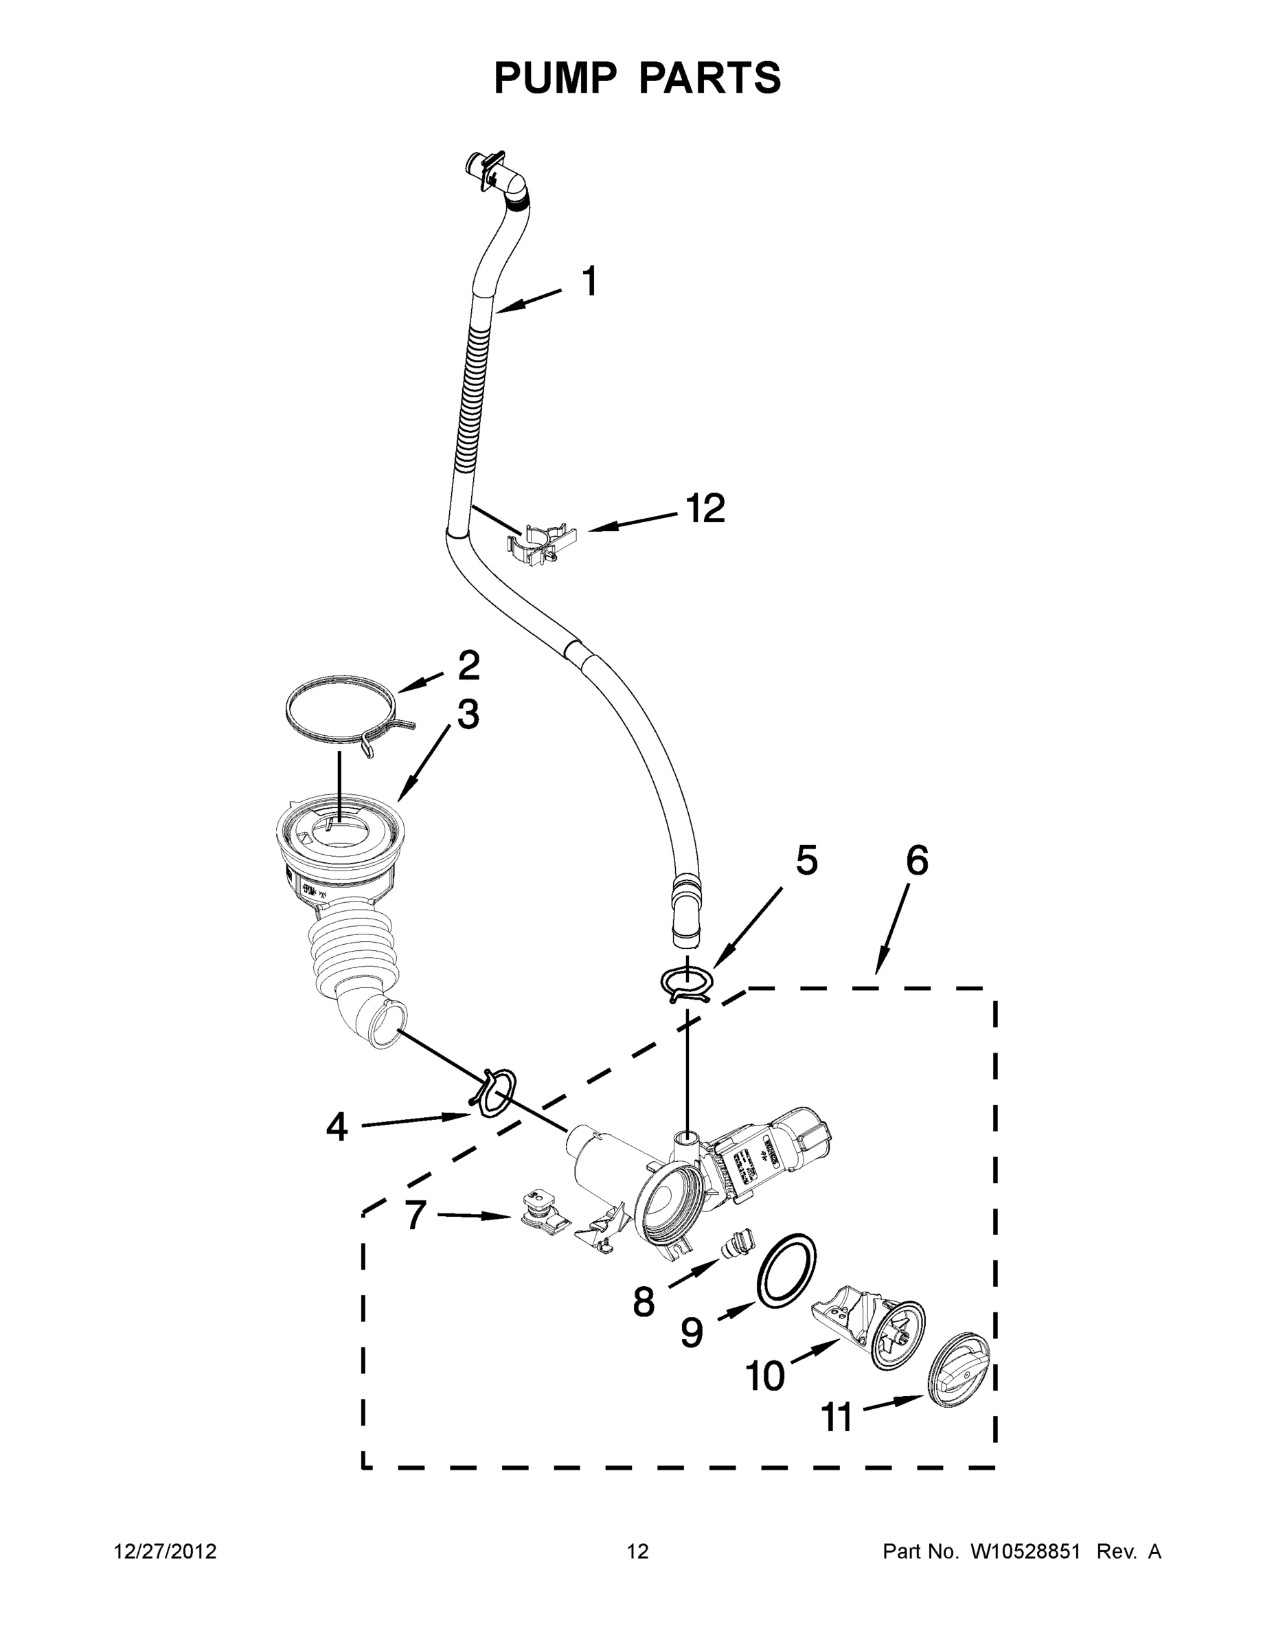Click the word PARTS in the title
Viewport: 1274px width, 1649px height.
pos(710,78)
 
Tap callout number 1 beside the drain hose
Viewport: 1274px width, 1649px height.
pos(590,282)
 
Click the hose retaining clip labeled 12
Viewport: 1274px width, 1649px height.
pos(543,542)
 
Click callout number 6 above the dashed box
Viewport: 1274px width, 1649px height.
pos(916,861)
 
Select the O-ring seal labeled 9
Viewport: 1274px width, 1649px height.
pos(786,1272)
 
